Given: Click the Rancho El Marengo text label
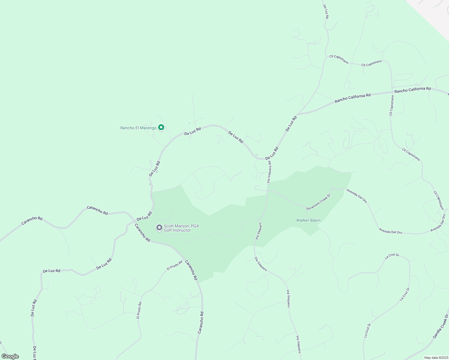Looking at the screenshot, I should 138,128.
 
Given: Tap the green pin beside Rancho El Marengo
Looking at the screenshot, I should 161,127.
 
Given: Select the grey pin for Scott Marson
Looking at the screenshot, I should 159,228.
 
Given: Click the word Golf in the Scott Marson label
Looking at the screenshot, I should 168,230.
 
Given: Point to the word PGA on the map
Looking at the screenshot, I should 194,226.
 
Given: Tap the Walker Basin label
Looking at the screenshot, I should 308,220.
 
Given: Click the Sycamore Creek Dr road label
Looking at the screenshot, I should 318,202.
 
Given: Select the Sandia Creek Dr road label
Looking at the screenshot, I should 441,326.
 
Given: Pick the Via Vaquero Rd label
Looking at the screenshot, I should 270,173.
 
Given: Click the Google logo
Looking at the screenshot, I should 10,356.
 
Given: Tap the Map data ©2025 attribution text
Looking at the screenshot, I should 436,358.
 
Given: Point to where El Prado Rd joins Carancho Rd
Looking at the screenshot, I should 184,259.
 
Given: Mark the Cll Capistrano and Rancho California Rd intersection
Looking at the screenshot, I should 392,92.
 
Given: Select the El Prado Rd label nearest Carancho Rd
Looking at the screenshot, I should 175,265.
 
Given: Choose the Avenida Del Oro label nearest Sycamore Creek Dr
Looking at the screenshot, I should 357,196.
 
